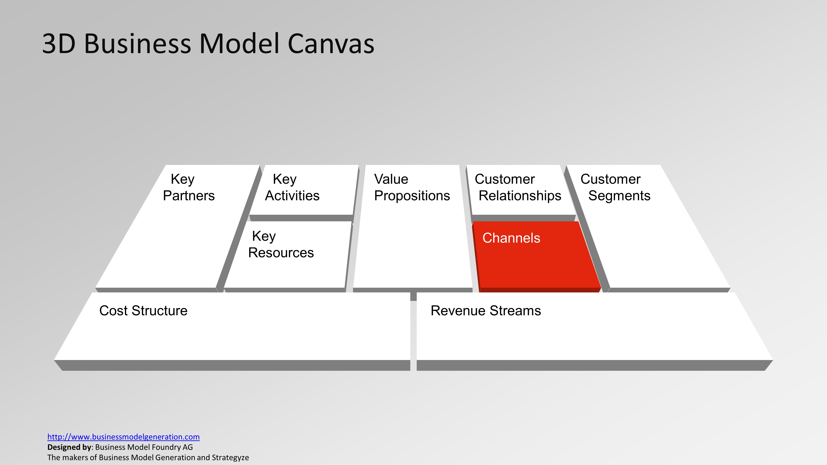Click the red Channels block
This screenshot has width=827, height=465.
(536, 263)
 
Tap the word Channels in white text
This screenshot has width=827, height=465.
(511, 238)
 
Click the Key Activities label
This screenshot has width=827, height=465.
(292, 187)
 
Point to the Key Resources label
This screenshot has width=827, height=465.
(281, 244)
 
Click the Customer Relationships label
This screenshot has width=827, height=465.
(517, 187)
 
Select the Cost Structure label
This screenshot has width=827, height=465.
(143, 311)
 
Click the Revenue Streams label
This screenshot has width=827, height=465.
(485, 311)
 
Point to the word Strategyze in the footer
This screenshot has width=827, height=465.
(230, 458)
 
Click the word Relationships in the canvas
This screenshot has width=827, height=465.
(520, 196)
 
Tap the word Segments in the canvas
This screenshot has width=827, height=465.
(619, 196)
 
